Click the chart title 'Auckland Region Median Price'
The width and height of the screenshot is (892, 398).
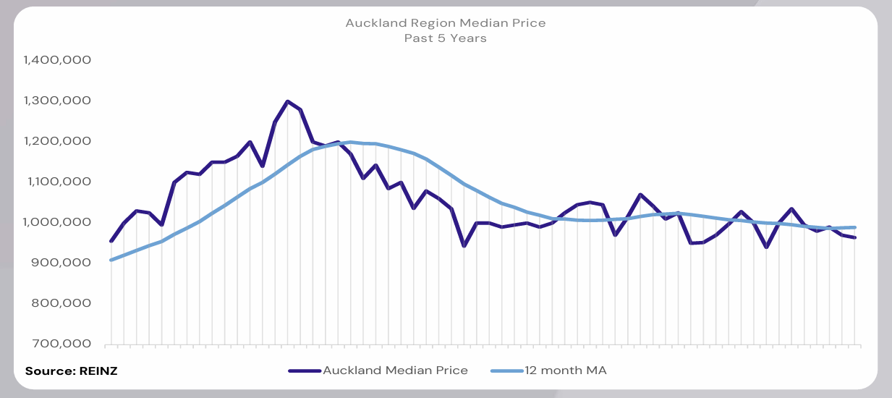[x=445, y=23]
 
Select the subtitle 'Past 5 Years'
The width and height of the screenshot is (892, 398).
[x=445, y=38]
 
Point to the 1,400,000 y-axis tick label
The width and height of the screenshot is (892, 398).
[x=57, y=60]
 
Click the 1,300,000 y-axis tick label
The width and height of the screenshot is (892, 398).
[x=57, y=101]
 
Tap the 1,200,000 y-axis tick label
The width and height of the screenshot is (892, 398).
[x=57, y=141]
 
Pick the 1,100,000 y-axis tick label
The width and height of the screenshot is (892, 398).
[x=57, y=182]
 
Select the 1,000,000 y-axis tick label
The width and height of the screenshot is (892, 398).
[x=57, y=222]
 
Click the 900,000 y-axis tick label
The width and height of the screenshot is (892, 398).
[x=62, y=263]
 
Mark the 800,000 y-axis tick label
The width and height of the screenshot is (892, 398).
[x=62, y=303]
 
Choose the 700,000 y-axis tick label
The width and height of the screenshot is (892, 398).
[x=62, y=344]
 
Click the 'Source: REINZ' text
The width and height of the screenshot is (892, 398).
[x=72, y=371]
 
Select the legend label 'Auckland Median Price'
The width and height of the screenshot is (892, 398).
[x=395, y=371]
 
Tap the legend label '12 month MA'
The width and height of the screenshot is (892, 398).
[x=566, y=371]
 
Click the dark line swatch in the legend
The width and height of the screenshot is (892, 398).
[x=305, y=371]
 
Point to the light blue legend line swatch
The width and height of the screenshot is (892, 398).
[x=506, y=371]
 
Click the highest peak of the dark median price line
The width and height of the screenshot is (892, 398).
[x=288, y=101]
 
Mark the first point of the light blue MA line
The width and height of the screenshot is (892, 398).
[x=111, y=260]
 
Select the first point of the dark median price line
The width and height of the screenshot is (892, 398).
[x=111, y=241]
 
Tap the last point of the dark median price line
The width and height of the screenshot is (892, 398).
[x=855, y=237]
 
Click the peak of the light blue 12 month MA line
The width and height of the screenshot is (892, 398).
[x=351, y=142]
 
